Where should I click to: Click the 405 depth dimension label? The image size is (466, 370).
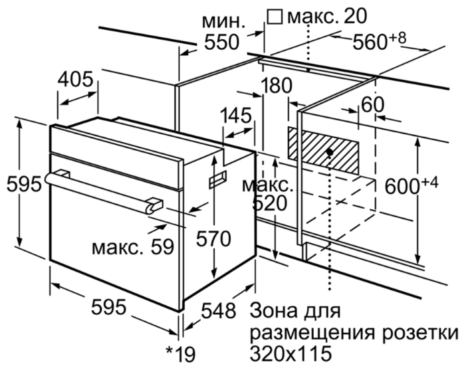75,80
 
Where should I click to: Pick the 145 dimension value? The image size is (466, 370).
237,115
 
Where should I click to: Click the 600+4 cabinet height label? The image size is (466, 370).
409,186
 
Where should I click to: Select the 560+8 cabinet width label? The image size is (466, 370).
380,42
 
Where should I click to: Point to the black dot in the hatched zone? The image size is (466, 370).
330,152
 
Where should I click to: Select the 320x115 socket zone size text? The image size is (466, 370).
289,350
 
